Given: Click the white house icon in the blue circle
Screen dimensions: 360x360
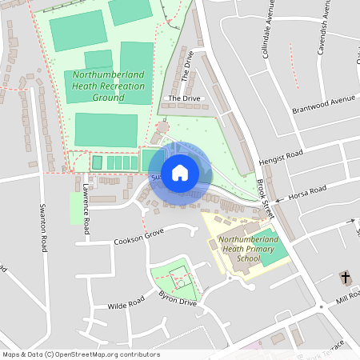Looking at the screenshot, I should pyautogui.click(x=180, y=172).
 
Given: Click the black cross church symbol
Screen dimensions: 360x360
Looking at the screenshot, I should pyautogui.click(x=346, y=278).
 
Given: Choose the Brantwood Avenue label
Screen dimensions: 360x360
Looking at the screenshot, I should pyautogui.click(x=322, y=104).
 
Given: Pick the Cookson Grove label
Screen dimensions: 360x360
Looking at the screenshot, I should pyautogui.click(x=138, y=236).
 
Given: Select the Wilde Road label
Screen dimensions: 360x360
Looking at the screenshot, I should pyautogui.click(x=126, y=302).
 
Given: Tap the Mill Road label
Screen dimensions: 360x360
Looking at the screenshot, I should pyautogui.click(x=349, y=298).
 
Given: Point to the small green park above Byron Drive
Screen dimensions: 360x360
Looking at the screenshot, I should pyautogui.click(x=177, y=278).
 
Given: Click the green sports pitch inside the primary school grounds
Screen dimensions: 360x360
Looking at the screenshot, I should pyautogui.click(x=274, y=258).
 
